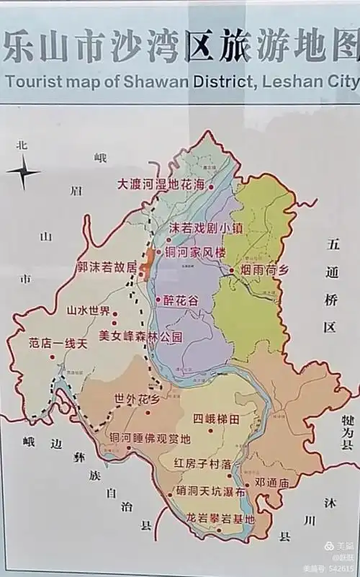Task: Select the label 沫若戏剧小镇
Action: point(206,227)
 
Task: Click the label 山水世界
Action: point(88,311)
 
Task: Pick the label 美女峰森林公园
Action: point(141,336)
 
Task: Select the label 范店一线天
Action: point(58,344)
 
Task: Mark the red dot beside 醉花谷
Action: point(158,300)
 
